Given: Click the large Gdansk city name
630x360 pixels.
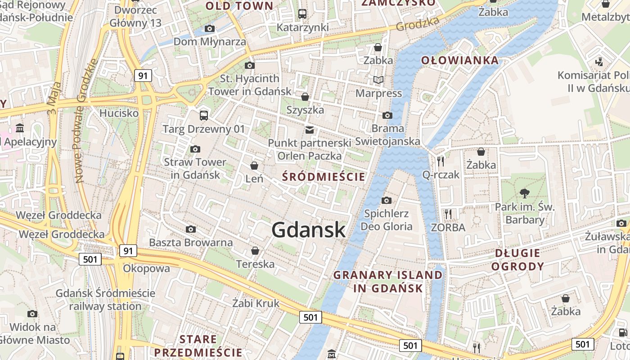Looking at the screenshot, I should point(309,230).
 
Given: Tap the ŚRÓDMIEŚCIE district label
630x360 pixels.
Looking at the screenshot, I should point(324,176).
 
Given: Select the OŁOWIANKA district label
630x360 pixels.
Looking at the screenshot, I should point(460,60).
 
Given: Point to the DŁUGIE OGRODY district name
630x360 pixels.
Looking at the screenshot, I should point(517,260).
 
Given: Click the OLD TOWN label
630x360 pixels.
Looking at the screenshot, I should point(239,6).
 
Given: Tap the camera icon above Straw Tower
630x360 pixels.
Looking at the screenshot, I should point(195,149).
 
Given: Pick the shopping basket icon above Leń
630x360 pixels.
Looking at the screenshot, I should point(254,166).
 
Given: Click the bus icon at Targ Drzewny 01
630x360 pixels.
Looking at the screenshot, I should point(204,116).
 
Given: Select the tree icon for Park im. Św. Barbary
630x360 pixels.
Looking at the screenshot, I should point(524,193).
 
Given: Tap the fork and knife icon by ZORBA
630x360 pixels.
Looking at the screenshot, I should point(448,214).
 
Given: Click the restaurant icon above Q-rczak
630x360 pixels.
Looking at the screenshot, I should point(441,161).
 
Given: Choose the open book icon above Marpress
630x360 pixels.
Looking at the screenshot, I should point(378,80).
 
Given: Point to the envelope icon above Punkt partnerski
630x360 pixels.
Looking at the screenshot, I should point(309,130).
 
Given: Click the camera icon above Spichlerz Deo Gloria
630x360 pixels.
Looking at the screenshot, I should point(387,200).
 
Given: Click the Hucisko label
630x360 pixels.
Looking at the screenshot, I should point(119,112).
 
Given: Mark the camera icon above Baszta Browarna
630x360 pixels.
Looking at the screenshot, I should point(191,229).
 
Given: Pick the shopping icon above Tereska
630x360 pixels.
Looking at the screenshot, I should point(255,251).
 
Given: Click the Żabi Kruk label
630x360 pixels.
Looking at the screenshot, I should point(256,303).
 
